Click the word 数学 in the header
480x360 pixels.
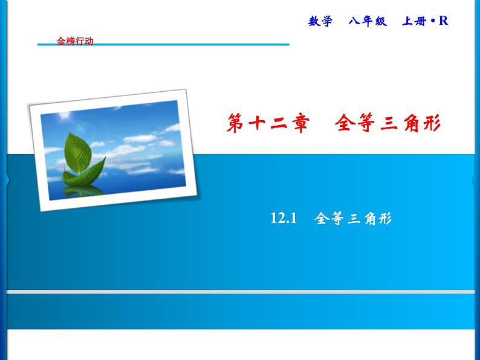point(320,21)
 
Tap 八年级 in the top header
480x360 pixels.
point(367,21)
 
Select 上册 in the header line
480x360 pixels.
point(415,21)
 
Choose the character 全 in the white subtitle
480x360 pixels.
point(322,219)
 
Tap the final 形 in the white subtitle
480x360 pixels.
point(386,219)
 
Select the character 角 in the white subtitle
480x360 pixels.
point(369,219)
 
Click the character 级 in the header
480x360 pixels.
point(380,21)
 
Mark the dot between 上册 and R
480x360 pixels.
point(433,22)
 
